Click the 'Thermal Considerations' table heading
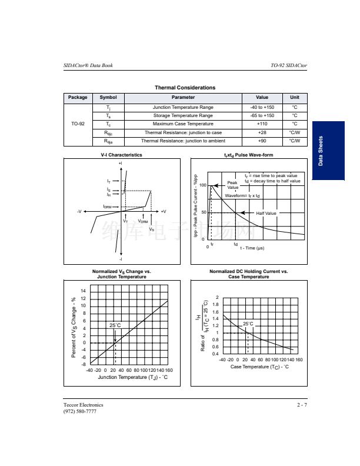[x=185, y=88]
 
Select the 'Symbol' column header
[x=108, y=98]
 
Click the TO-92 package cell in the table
[x=78, y=124]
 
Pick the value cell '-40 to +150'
[x=262, y=108]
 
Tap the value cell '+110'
[x=262, y=124]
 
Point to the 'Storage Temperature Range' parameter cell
[x=183, y=116]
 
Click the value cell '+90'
[x=262, y=141]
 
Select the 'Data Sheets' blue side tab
[x=328, y=151]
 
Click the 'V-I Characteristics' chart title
[x=121, y=155]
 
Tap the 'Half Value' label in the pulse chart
[x=266, y=213]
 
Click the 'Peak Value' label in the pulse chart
[x=233, y=185]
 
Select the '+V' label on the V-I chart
[x=163, y=211]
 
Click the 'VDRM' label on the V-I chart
[x=143, y=221]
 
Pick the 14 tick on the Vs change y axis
[x=84, y=291]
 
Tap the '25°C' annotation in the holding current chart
[x=248, y=324]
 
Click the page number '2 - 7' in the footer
[x=302, y=405]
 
